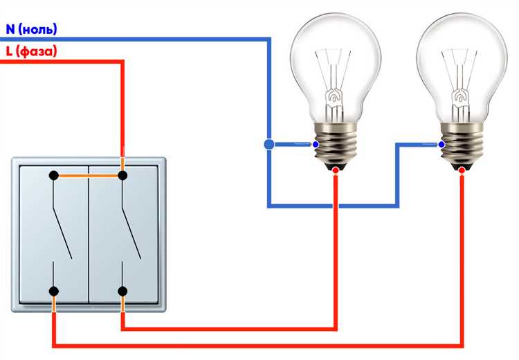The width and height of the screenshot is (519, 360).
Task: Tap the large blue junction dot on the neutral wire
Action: pyautogui.click(x=268, y=145)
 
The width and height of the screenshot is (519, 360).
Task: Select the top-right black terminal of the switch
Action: pyautogui.click(x=123, y=176)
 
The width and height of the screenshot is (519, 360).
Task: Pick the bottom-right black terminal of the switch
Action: pyautogui.click(x=123, y=291)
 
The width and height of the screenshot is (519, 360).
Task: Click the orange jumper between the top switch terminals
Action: pyautogui.click(x=89, y=176)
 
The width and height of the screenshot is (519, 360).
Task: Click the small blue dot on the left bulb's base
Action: pyautogui.click(x=316, y=145)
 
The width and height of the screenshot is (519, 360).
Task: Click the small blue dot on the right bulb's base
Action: pyautogui.click(x=441, y=145)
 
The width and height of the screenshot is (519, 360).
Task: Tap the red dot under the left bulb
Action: pyautogui.click(x=336, y=170)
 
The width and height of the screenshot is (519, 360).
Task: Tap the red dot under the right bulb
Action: pyautogui.click(x=462, y=170)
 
